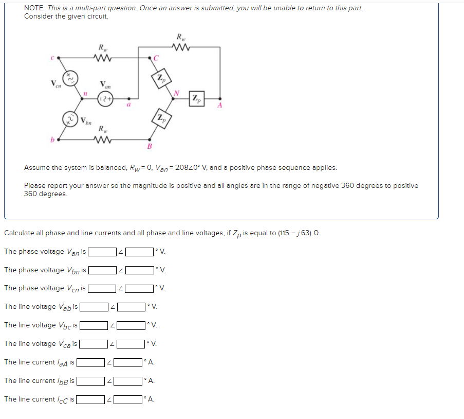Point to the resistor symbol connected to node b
click(104, 139)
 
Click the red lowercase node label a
click(128, 104)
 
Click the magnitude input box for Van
click(101, 252)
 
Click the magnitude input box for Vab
click(93, 307)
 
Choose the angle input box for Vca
click(131, 344)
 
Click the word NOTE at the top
click(33, 8)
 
